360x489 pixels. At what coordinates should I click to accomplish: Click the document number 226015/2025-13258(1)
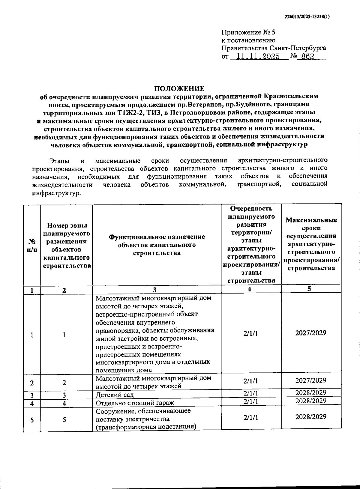307,17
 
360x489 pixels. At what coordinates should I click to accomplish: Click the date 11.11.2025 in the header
258,56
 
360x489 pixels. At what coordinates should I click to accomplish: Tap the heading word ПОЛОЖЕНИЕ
179,88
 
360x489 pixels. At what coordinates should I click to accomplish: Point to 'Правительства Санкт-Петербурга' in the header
274,48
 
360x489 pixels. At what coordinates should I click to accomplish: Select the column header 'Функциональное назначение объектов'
157,245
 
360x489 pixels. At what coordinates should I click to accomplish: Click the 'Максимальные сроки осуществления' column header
311,244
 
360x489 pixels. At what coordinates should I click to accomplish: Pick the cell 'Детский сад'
115,395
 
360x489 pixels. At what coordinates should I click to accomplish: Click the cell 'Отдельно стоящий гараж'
135,403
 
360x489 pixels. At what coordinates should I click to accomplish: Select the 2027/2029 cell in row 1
310,333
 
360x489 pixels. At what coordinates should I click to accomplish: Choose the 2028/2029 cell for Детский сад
310,393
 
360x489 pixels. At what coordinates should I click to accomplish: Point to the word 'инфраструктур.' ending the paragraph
56,193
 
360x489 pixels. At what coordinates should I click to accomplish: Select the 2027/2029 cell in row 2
310,380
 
